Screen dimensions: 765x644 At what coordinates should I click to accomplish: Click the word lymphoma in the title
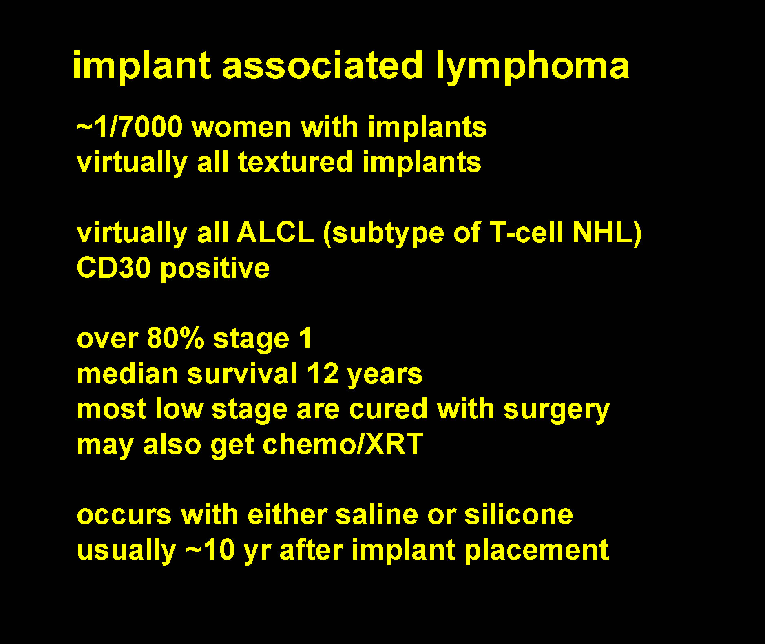coord(532,66)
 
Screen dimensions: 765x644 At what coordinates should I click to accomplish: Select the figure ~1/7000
coord(130,127)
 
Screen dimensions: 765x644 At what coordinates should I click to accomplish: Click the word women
coord(242,127)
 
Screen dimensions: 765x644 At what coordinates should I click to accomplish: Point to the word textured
coord(295,162)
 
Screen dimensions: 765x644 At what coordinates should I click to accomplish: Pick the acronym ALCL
coord(276,233)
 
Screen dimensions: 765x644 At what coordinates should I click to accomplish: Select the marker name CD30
coord(113,268)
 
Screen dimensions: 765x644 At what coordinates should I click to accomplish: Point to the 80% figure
coord(175,338)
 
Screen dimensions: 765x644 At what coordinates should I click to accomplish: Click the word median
coord(127,374)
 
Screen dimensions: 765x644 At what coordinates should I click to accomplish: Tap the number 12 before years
coord(323,374)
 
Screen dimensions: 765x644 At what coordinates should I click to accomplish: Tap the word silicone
coord(519,514)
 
